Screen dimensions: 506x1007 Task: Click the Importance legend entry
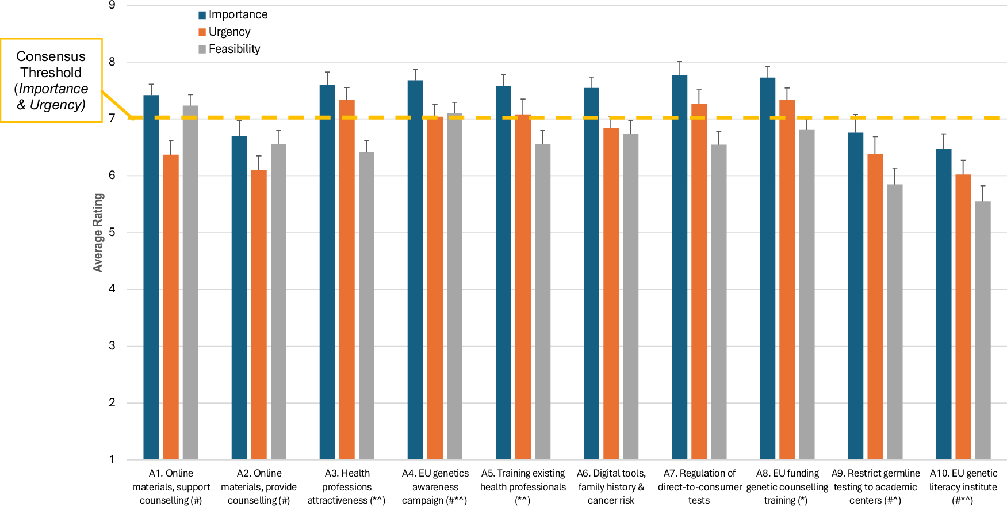pos(233,15)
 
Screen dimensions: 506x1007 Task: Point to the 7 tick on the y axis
pos(112,119)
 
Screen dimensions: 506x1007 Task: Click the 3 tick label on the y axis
pos(112,346)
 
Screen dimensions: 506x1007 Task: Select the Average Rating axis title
pos(98,233)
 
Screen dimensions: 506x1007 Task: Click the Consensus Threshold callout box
pos(51,81)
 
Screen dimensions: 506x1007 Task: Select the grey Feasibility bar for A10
pos(983,330)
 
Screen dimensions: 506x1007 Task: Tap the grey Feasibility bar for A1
pos(190,282)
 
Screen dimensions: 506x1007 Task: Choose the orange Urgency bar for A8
pos(787,280)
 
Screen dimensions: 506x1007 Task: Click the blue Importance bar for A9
pos(855,296)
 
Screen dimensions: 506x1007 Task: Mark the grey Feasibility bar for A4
pos(454,286)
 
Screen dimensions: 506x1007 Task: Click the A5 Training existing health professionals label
pos(523,486)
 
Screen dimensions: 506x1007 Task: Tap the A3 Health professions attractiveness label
pos(346,486)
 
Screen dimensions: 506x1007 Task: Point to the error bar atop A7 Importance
pos(679,68)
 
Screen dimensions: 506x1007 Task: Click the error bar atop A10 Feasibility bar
pos(983,193)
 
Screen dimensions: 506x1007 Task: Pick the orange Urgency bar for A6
pos(611,294)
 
